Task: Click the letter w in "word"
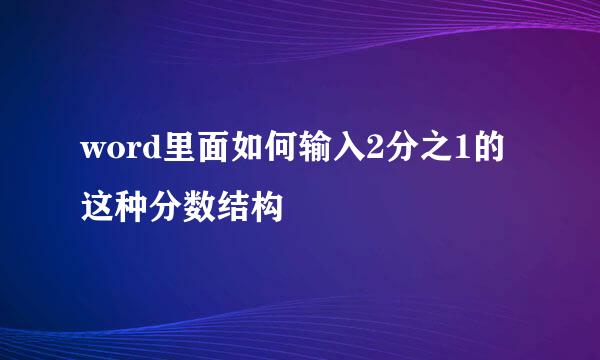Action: [93, 153]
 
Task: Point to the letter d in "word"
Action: [147, 152]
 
